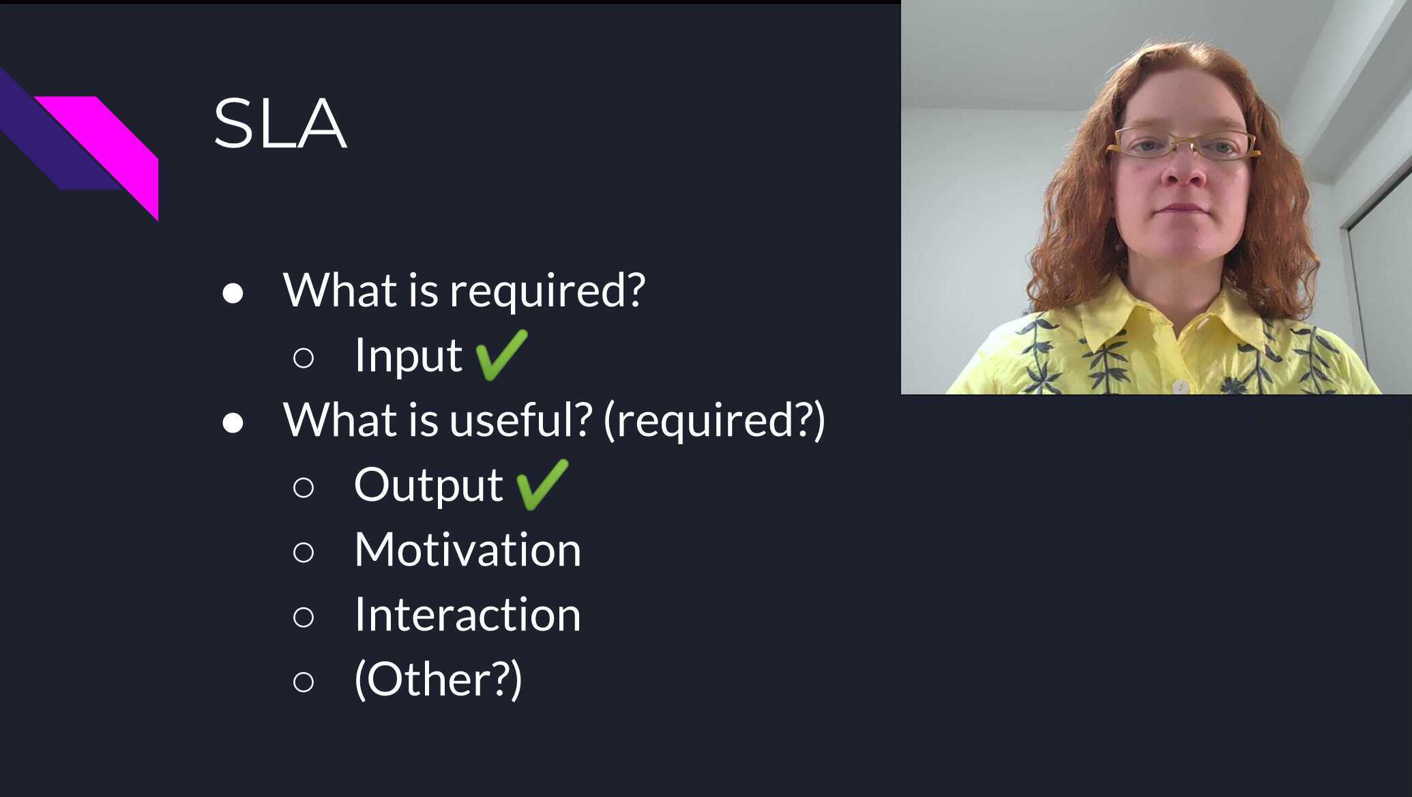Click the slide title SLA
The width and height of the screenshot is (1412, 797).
pyautogui.click(x=280, y=124)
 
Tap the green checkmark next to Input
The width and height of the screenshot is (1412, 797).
pyautogui.click(x=501, y=354)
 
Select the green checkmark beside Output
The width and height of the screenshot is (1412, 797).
pyautogui.click(x=542, y=484)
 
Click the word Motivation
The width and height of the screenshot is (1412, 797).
pyautogui.click(x=467, y=549)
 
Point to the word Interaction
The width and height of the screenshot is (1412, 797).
pyautogui.click(x=467, y=614)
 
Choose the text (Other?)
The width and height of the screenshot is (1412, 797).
pyautogui.click(x=438, y=680)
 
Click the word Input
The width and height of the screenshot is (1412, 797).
pyautogui.click(x=409, y=356)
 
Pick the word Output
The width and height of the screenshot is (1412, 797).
pyautogui.click(x=428, y=485)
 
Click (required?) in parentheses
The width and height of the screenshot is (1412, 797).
pyautogui.click(x=714, y=420)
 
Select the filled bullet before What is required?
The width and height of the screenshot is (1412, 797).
pyautogui.click(x=233, y=293)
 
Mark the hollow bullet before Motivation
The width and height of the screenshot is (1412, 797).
pyautogui.click(x=304, y=552)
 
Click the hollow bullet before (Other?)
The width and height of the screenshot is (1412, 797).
pyautogui.click(x=304, y=682)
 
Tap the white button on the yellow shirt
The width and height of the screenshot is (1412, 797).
pyautogui.click(x=1179, y=387)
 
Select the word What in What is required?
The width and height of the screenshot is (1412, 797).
pyautogui.click(x=340, y=290)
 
